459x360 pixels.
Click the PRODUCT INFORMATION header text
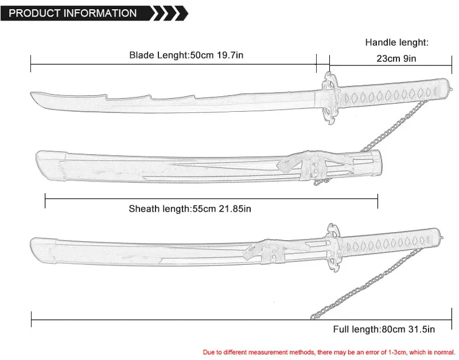(x=73, y=13)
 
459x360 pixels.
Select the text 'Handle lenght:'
(x=397, y=42)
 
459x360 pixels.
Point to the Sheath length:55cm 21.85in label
(x=190, y=209)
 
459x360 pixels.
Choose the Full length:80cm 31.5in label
(x=384, y=329)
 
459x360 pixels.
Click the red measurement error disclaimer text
(x=329, y=351)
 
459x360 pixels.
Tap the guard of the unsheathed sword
(x=329, y=98)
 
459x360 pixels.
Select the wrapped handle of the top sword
(x=390, y=92)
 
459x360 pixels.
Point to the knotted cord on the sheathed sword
(x=258, y=253)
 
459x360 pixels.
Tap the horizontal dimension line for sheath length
(x=211, y=199)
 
